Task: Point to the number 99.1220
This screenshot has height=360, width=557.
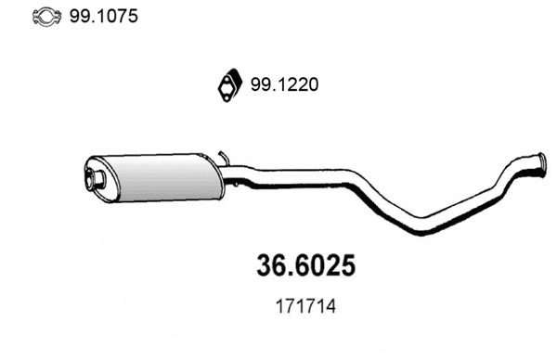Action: tap(284, 85)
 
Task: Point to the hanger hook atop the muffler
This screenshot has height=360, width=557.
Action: tap(222, 156)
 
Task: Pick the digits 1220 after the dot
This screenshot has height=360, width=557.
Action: tap(298, 85)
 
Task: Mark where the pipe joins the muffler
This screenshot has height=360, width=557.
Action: tap(226, 174)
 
